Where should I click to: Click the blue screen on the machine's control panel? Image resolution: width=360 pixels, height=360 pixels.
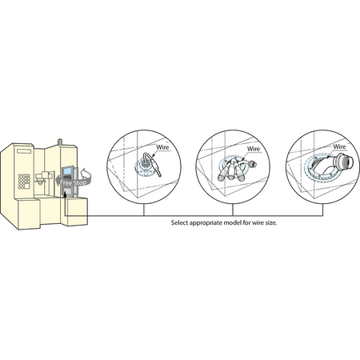point(67,171)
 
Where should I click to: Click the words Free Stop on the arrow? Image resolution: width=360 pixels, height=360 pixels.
point(73,182)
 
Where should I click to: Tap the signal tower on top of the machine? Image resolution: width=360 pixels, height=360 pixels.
point(60,142)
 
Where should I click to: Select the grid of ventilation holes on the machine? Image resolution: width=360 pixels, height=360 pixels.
point(24,182)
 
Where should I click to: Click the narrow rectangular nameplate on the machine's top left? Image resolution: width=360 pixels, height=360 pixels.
point(24,151)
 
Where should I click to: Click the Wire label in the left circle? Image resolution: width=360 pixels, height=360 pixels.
point(162,147)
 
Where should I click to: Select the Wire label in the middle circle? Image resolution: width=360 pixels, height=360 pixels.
point(254,149)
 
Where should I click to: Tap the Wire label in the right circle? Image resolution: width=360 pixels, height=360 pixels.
point(339,146)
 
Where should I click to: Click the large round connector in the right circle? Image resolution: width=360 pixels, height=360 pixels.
point(344,161)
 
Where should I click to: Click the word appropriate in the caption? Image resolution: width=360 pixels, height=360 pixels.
point(206,222)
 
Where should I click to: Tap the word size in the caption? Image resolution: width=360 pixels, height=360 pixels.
point(271,222)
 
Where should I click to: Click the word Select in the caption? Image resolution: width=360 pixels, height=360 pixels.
point(179,222)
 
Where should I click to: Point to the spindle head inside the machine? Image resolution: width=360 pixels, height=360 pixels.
point(42,178)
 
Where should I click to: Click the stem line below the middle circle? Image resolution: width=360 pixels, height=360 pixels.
point(233,210)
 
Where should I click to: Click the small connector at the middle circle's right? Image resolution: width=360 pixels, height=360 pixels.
point(252,163)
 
